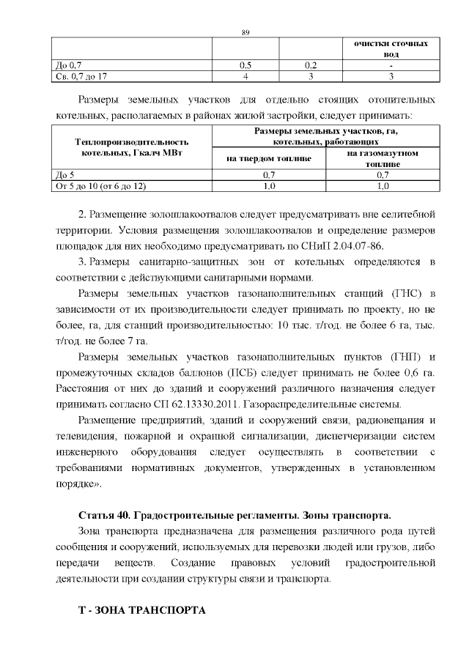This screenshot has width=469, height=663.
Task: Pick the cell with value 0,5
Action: coord(245,65)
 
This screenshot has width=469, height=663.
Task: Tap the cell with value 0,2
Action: coord(310,65)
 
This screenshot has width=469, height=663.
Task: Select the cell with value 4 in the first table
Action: coord(245,75)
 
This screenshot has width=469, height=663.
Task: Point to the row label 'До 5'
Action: coord(65,176)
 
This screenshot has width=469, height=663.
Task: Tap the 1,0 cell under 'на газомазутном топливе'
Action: coord(383,186)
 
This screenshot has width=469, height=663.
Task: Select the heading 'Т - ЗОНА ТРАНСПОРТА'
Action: coord(142,610)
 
